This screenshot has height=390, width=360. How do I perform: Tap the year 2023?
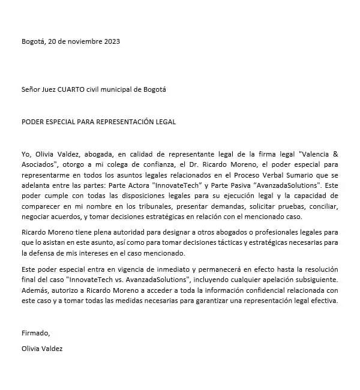pyautogui.click(x=111, y=41)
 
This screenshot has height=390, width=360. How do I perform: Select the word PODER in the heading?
pyautogui.click(x=32, y=122)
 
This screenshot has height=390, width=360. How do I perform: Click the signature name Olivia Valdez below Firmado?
pyautogui.click(x=41, y=348)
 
